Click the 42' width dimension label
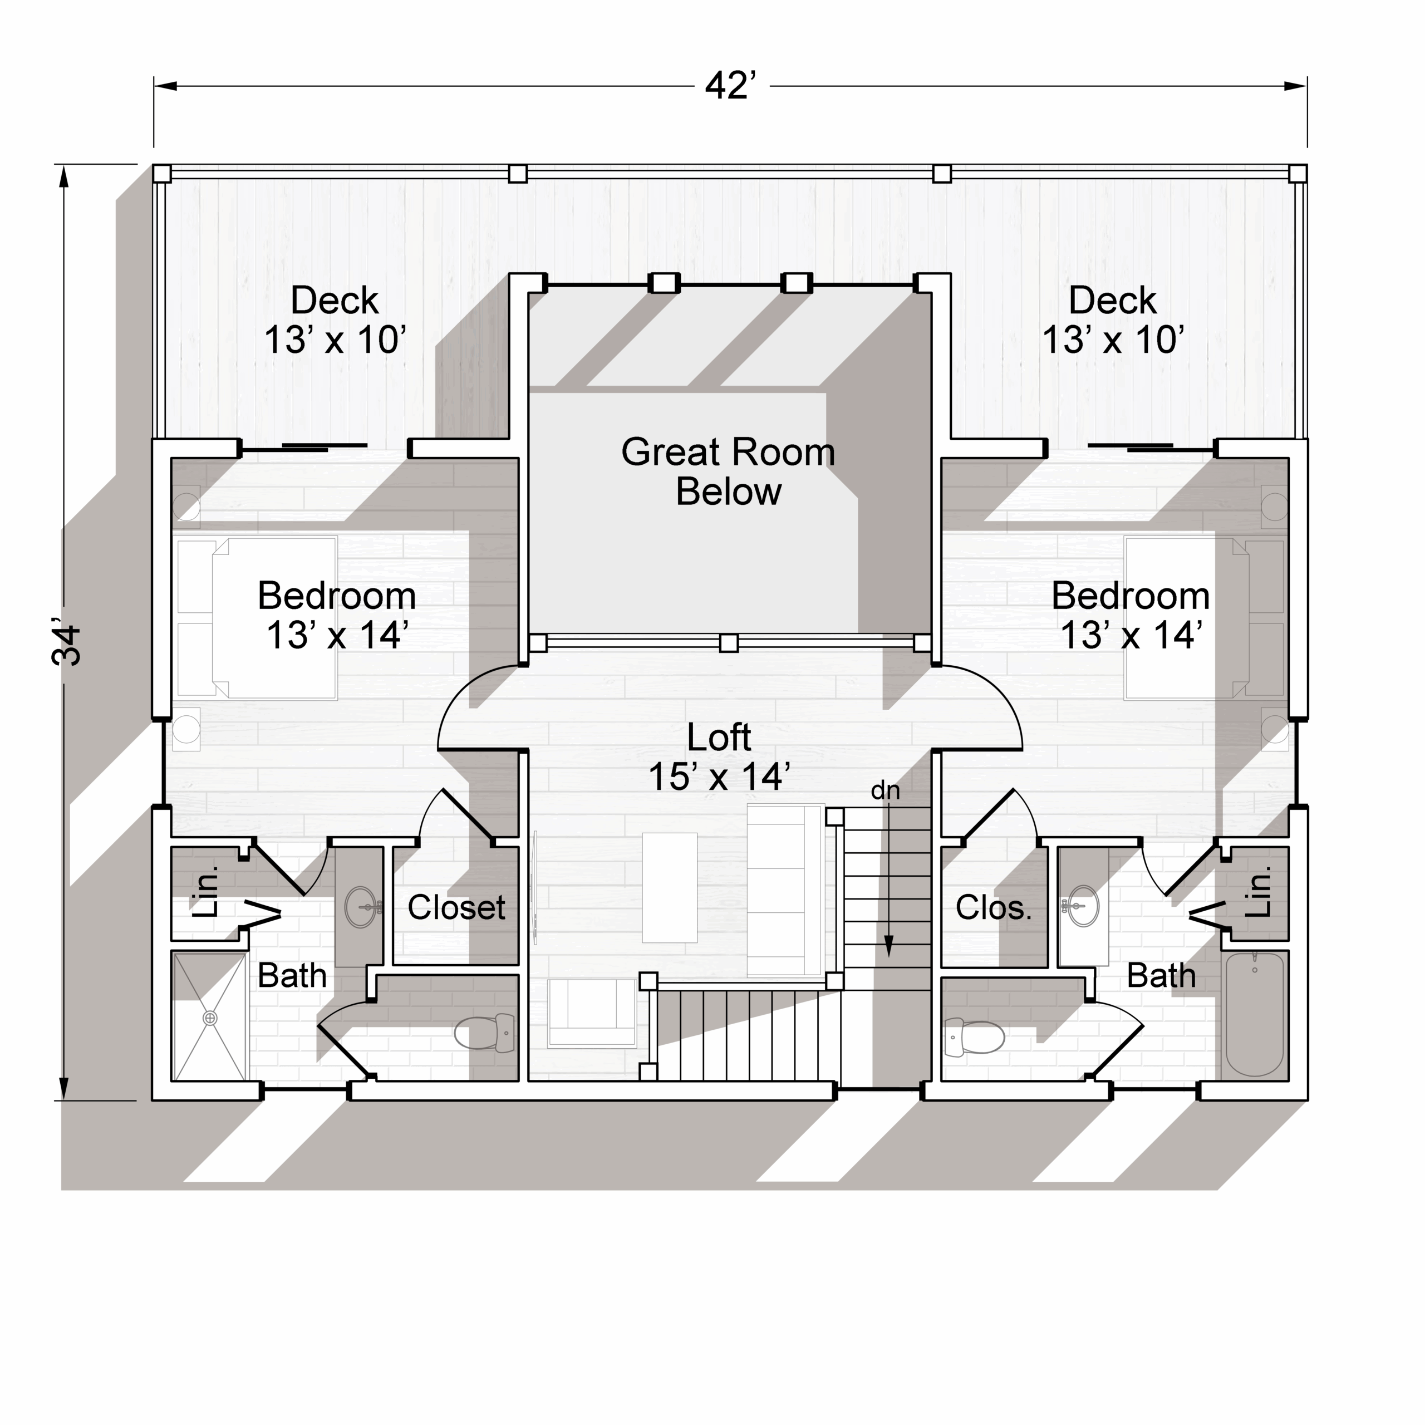click(x=730, y=86)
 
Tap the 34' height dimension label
click(x=66, y=645)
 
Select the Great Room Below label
click(x=728, y=472)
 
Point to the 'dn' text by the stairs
click(x=885, y=790)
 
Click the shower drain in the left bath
click(x=210, y=1018)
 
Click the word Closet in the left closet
click(x=456, y=907)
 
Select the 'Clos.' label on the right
click(x=994, y=907)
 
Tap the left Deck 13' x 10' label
click(x=335, y=320)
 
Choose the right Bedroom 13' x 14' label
click(x=1131, y=615)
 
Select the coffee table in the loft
click(x=670, y=887)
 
